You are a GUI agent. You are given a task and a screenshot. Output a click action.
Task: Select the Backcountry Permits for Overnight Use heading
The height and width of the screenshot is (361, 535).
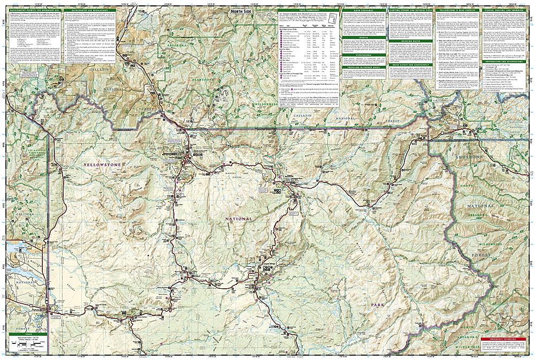click(32, 11)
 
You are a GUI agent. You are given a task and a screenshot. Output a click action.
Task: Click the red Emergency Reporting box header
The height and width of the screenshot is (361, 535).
click(502, 339)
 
